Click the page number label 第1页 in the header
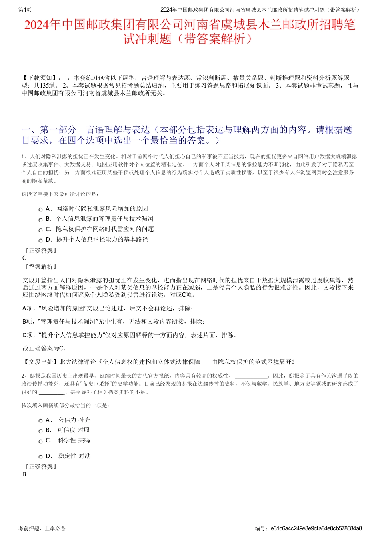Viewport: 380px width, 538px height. point(25,10)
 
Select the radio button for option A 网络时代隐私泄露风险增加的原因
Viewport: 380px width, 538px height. point(40,209)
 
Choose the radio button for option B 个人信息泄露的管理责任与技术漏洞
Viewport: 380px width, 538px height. point(40,220)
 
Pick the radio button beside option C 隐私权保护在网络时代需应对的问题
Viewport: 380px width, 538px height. point(40,230)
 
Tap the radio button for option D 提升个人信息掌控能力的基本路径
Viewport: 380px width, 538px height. point(40,240)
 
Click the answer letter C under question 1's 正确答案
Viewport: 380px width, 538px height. point(24,258)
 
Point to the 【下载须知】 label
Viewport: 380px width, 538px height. point(40,78)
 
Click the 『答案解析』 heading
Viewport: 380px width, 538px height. point(40,267)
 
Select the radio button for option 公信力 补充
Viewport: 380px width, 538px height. point(40,420)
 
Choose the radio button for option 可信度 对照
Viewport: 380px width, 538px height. point(40,431)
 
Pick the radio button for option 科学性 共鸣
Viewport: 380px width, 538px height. point(40,441)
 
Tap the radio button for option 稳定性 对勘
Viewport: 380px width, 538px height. point(40,457)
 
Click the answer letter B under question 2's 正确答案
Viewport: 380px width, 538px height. point(24,474)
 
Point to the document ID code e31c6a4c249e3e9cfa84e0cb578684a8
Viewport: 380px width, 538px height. point(316,528)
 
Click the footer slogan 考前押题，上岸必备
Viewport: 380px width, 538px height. point(42,528)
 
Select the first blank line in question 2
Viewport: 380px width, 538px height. point(251,376)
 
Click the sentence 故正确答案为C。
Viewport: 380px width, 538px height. point(45,348)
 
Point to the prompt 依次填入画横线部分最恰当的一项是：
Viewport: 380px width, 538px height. point(65,405)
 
